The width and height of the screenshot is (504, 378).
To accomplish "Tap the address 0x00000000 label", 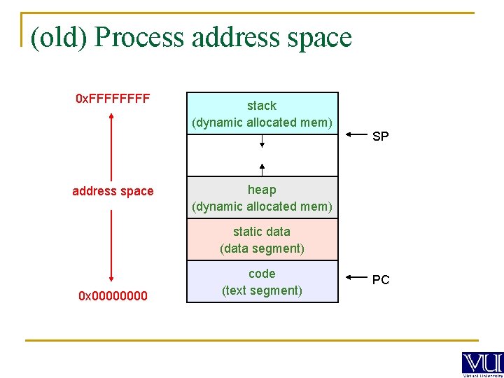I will tap(113, 296).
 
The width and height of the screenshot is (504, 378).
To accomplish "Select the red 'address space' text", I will tap(113, 191).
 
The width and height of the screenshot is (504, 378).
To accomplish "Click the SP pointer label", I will tap(380, 136).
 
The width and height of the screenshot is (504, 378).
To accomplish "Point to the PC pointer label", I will tap(381, 280).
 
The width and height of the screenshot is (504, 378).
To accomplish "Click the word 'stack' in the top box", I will tap(262, 106).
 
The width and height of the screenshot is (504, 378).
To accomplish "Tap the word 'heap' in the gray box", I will tap(262, 190).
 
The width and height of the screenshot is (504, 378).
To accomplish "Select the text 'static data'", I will tap(262, 232).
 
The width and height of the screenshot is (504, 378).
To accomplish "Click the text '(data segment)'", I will tap(262, 248).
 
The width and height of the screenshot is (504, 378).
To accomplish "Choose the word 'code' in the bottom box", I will tap(262, 274).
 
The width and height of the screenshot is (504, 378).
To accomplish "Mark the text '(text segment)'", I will tap(262, 290).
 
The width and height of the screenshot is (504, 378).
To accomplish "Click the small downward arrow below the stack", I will tap(262, 141).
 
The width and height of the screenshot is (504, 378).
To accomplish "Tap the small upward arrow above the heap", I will tap(262, 169).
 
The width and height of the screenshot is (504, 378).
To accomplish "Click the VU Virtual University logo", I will tap(482, 364).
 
